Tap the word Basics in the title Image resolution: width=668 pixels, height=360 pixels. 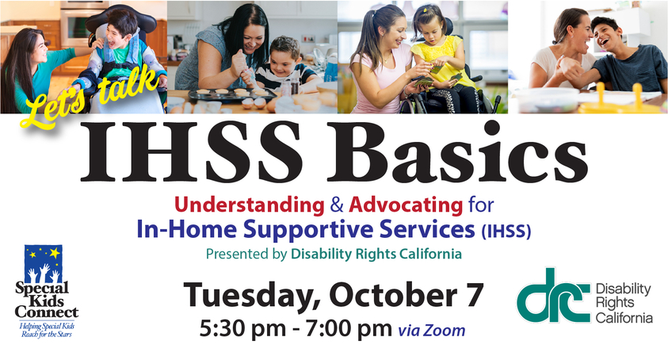point(457,151)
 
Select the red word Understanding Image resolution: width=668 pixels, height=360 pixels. point(250,205)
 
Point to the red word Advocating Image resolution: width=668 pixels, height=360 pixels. point(406,205)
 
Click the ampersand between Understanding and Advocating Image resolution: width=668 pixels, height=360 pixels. point(337,205)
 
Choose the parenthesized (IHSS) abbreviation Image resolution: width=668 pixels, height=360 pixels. point(506,231)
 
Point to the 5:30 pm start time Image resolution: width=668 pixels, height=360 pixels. point(242,328)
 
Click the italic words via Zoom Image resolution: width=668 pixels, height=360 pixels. point(432,331)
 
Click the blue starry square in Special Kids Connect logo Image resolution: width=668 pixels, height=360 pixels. point(44,263)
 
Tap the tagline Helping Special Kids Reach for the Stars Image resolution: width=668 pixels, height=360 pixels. point(48,330)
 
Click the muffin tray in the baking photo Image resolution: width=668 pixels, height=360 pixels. point(232,94)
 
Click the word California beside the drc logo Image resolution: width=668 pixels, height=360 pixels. point(624,318)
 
